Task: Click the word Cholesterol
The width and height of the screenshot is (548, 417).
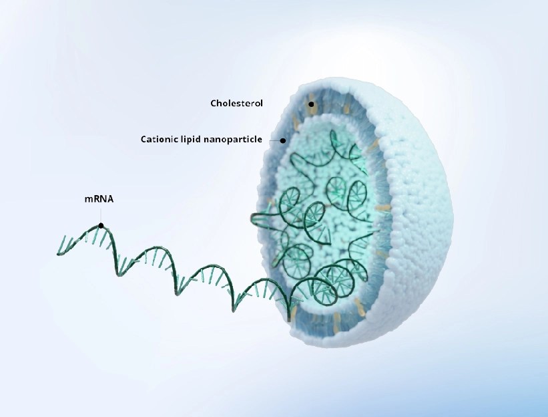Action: pyautogui.click(x=237, y=103)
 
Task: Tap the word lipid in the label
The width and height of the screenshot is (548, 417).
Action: pyautogui.click(x=194, y=140)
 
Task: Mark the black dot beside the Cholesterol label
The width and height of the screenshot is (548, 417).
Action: pyautogui.click(x=312, y=104)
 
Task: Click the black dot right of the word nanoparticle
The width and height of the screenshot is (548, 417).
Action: pyautogui.click(x=283, y=140)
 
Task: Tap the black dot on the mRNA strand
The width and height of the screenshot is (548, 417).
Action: pyautogui.click(x=101, y=225)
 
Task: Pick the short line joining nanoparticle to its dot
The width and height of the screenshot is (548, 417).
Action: pyautogui.click(x=272, y=140)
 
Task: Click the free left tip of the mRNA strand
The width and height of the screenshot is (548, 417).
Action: pyautogui.click(x=58, y=254)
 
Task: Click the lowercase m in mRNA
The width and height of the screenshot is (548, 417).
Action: pyautogui.click(x=88, y=198)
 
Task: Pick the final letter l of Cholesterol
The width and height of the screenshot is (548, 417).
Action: pyautogui.click(x=262, y=103)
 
